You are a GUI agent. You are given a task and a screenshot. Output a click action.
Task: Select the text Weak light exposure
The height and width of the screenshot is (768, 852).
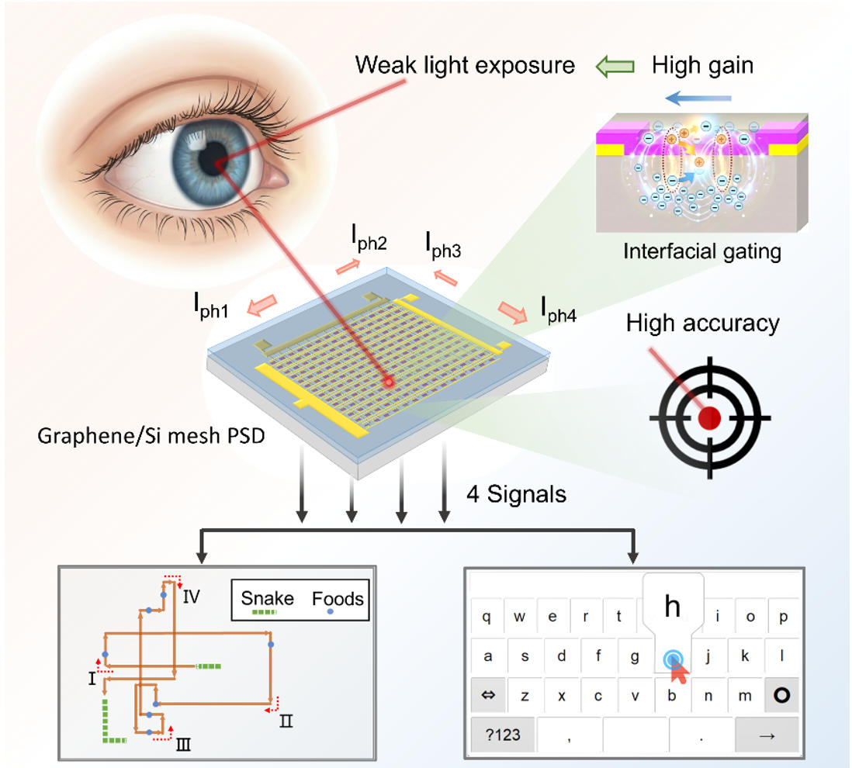465,64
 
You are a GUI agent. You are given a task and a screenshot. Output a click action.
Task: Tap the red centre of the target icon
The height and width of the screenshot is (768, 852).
709,418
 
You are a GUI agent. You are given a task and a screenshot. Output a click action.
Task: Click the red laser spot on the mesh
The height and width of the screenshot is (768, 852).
389,381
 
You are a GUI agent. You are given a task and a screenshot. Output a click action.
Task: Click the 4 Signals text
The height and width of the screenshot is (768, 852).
516,493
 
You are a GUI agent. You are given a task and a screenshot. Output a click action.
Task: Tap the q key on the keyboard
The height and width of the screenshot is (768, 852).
487,618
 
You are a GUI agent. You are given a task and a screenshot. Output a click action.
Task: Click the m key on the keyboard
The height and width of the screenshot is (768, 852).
745,696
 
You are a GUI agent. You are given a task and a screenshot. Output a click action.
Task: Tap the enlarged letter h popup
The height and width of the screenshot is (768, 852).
672,606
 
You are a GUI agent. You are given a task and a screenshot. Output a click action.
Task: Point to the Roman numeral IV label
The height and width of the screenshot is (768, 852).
192,597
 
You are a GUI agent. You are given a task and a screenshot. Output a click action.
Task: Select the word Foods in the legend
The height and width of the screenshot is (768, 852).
338,598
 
